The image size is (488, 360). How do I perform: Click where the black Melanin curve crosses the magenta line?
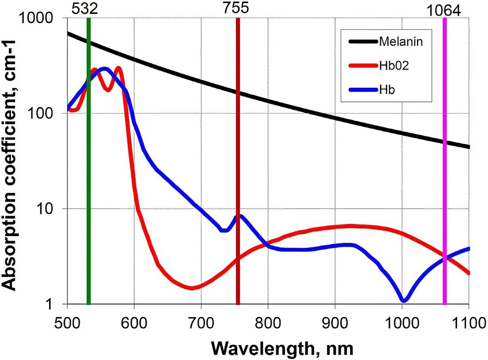coord(444,142)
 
